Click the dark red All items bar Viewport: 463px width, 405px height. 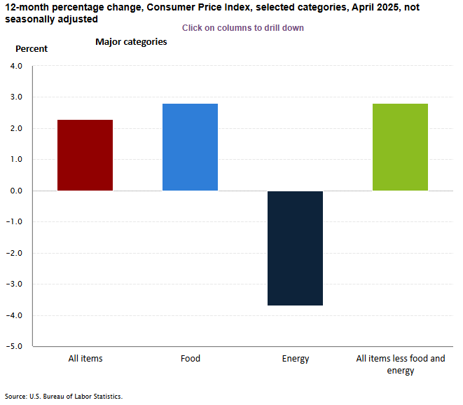85,155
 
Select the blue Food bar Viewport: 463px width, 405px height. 190,147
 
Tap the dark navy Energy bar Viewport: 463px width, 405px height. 295,248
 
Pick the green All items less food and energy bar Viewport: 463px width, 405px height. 400,147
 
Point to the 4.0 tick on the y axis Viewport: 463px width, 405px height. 15,66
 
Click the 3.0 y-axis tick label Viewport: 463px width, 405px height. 15,97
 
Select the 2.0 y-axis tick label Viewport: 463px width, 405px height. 15,128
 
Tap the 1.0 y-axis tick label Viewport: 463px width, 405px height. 15,160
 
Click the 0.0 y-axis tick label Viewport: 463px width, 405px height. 15,191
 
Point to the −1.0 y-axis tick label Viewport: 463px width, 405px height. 14,222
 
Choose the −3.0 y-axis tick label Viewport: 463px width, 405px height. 14,284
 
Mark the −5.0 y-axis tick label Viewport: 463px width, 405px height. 14,346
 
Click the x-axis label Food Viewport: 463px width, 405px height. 190,359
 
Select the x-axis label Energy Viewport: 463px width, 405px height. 295,359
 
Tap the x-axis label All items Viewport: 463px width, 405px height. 85,359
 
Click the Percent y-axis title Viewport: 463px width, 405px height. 32,49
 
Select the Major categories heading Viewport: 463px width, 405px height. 131,42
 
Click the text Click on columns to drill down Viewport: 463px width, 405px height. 242,28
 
